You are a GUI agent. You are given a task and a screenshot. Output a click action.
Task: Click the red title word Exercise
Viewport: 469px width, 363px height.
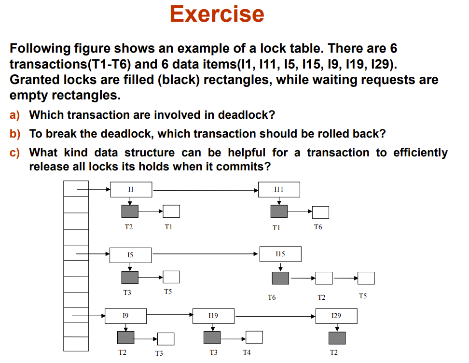click(x=217, y=14)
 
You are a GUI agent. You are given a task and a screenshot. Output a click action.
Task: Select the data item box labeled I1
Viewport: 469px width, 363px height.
click(x=131, y=190)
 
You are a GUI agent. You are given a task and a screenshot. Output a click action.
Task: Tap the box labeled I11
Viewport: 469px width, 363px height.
click(x=279, y=190)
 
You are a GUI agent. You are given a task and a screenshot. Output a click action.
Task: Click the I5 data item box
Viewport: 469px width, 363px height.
click(x=130, y=255)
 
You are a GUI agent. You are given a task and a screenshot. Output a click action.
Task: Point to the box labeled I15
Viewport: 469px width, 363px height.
click(x=280, y=254)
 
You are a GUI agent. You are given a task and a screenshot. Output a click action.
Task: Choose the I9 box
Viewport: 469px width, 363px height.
click(x=125, y=316)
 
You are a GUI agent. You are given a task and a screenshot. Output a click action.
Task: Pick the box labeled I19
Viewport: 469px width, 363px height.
click(x=213, y=316)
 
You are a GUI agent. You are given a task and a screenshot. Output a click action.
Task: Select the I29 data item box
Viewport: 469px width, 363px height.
click(x=336, y=316)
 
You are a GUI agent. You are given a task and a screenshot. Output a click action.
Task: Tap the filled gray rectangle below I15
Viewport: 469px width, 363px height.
click(x=280, y=278)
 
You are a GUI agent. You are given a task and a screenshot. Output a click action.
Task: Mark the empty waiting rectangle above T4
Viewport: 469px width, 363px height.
click(x=254, y=337)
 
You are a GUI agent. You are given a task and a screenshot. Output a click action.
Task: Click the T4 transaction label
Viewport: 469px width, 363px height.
click(x=247, y=353)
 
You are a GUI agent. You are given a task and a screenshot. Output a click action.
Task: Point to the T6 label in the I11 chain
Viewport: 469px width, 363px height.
click(x=317, y=227)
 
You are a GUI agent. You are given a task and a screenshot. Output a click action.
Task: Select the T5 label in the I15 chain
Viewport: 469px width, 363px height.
click(x=363, y=295)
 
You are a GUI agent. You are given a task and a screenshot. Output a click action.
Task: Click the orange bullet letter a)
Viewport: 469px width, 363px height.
click(x=15, y=115)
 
